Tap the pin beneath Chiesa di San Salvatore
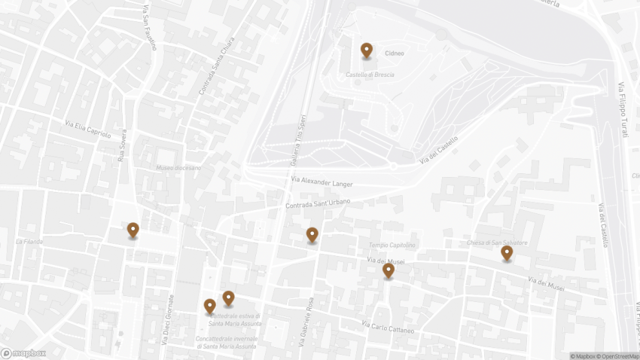[507, 253]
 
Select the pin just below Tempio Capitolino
[388, 270]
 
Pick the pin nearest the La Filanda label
[133, 230]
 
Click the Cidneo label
[395, 53]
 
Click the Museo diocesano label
[178, 168]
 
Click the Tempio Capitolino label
[392, 246]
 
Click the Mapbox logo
[23, 352]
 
